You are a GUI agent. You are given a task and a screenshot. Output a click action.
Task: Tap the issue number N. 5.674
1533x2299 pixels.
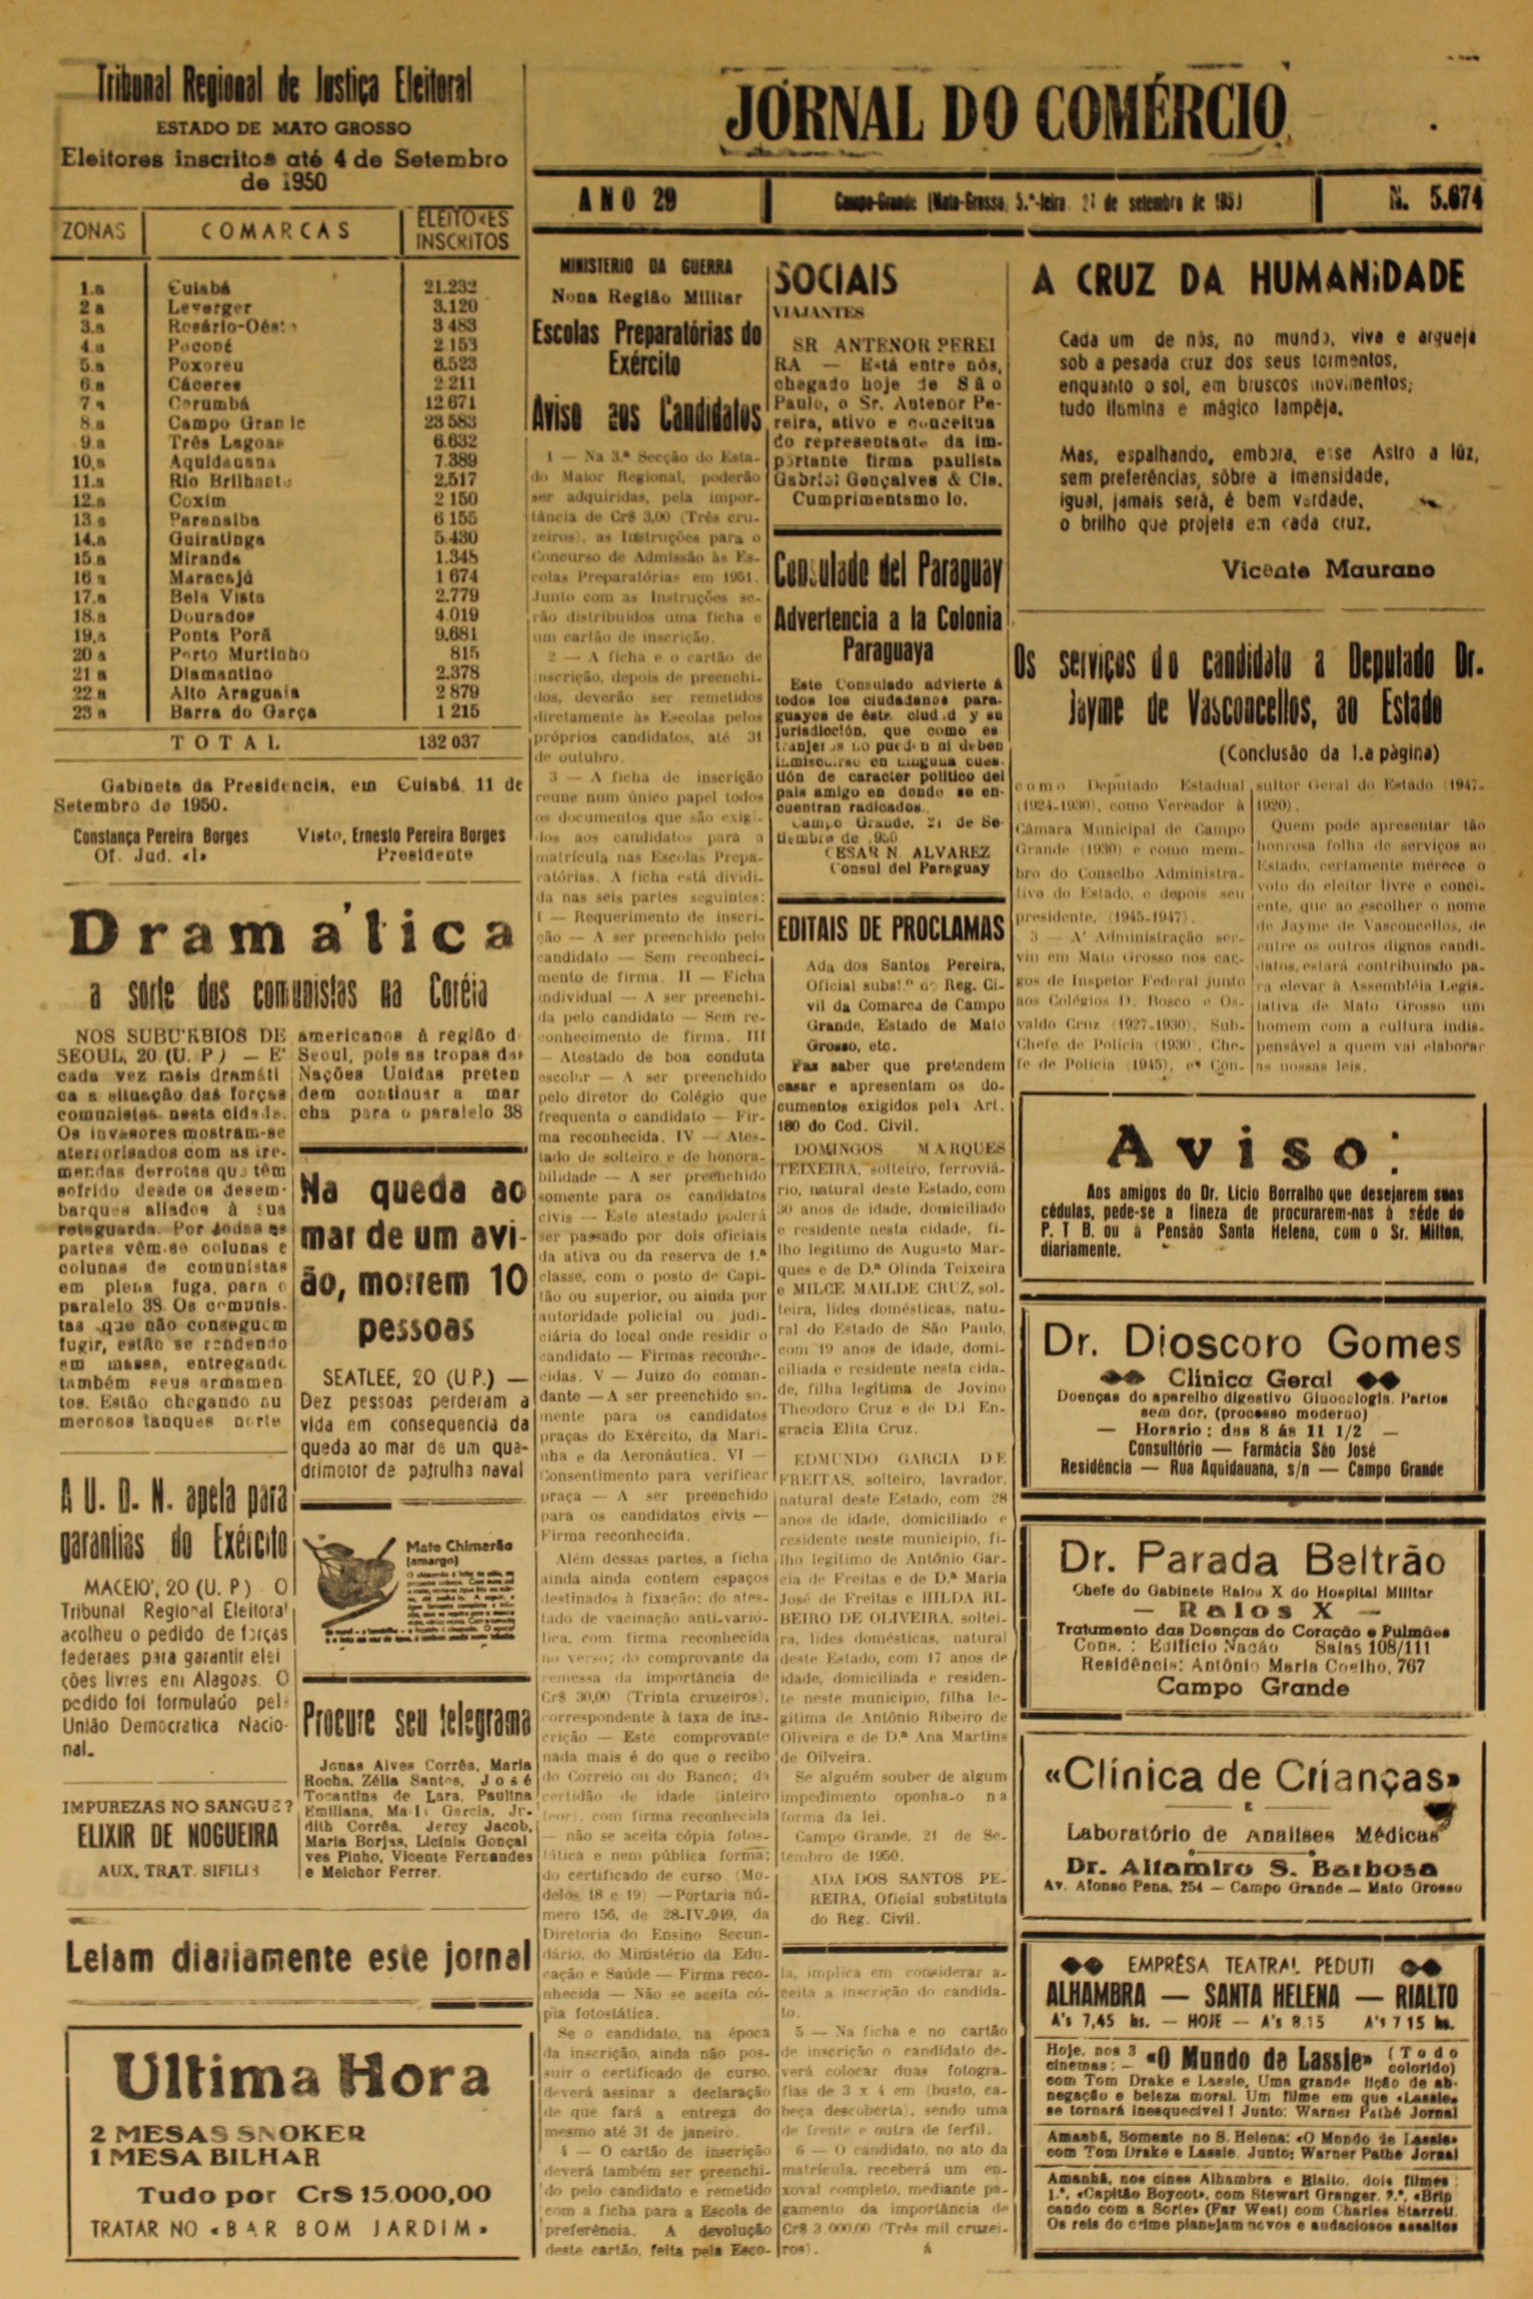[1435, 200]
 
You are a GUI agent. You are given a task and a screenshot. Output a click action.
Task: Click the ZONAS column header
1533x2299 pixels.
[94, 231]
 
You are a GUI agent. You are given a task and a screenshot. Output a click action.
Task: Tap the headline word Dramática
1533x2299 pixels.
[290, 934]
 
